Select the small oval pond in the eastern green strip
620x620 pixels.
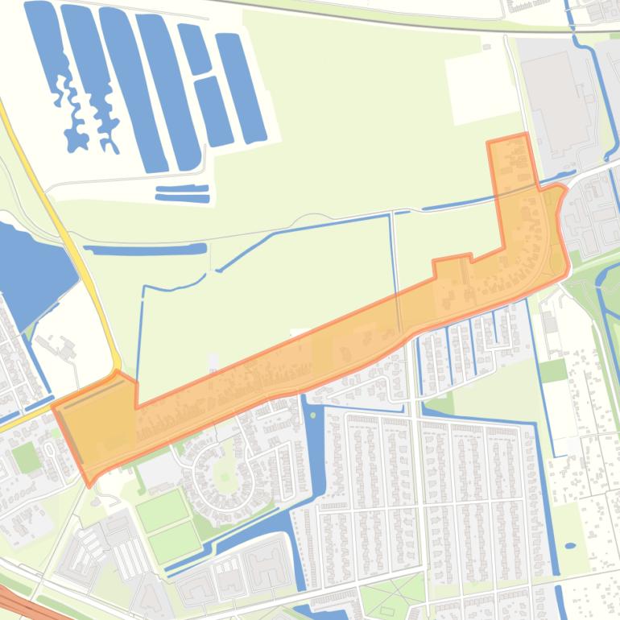point(570,546)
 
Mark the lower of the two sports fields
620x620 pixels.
point(174,542)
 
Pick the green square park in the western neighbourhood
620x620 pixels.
point(26,457)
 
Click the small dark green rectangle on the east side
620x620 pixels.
point(553,370)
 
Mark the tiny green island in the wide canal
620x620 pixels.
point(312,415)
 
